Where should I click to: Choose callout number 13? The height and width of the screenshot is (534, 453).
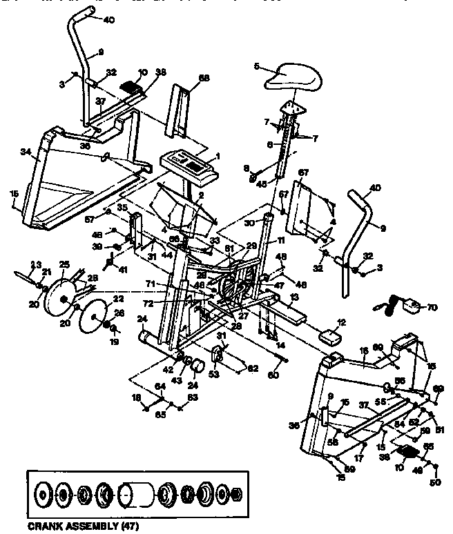tap(294, 297)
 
